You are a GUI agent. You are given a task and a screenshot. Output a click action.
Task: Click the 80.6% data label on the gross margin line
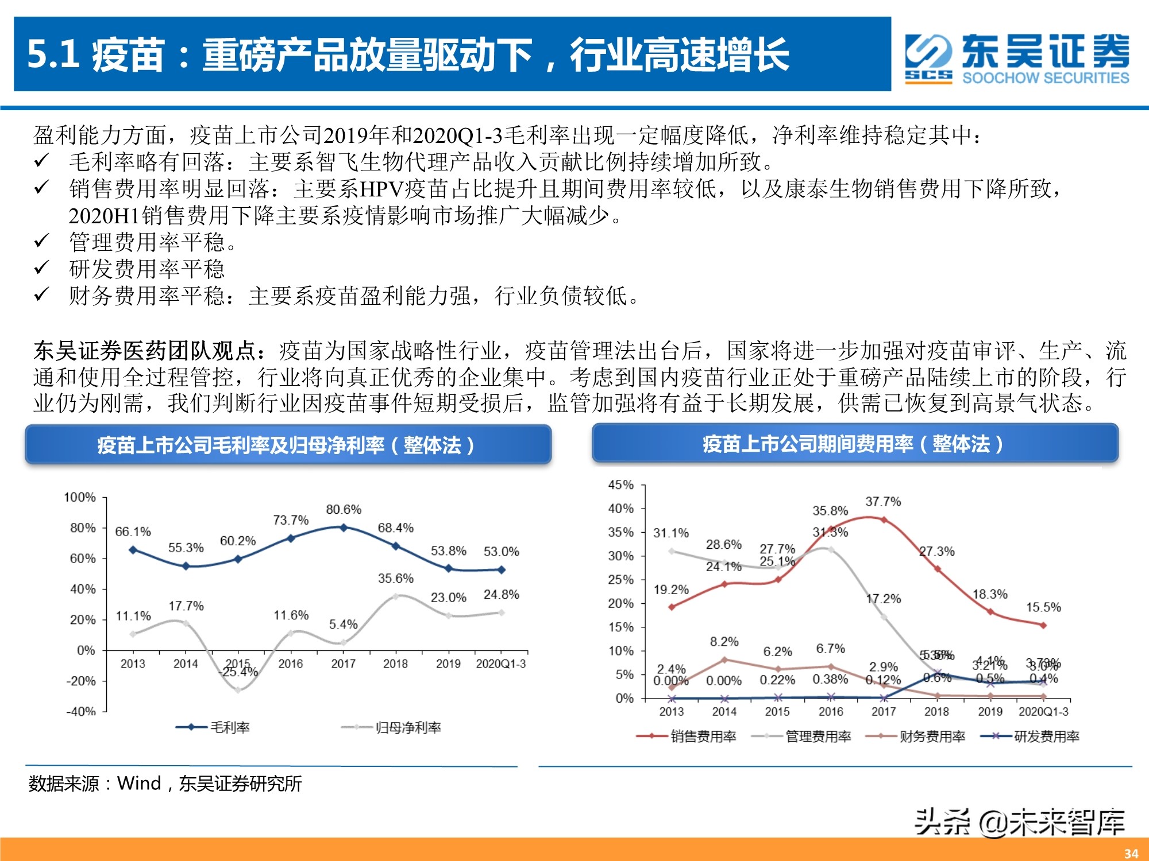pos(344,509)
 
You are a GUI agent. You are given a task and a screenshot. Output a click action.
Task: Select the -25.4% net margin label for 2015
pos(238,672)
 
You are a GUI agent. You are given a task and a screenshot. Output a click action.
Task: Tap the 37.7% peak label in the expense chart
pos(883,502)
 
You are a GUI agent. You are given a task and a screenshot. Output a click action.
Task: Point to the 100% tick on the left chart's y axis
pos(79,497)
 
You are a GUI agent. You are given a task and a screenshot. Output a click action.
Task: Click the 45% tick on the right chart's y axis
pos(620,485)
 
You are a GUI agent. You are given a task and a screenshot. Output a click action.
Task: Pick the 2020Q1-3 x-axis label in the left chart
pos(500,664)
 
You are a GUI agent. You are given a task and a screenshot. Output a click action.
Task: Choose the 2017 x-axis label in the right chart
pos(883,712)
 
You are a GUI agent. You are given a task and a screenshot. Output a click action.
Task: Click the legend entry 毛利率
pos(229,727)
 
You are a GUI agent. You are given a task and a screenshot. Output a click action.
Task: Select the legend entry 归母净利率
pos(408,727)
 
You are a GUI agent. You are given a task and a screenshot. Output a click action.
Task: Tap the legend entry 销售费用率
pos(703,736)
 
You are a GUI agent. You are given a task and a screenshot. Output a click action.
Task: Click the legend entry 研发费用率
pos(1046,736)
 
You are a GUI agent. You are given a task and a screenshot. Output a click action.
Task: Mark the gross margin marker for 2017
pos(344,527)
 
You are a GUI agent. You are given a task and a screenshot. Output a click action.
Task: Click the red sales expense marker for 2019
pos(990,612)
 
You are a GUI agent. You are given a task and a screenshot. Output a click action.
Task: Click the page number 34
pos(1131,854)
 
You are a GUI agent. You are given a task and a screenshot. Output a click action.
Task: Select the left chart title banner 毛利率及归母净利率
pos(287,445)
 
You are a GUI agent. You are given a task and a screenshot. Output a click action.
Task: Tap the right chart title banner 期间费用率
pos(854,444)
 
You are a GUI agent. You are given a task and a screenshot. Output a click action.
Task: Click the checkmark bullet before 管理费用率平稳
pos(41,242)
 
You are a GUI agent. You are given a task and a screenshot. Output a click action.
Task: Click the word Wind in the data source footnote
pos(138,783)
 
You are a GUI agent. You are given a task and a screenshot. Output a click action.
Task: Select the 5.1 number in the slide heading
pos(53,55)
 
